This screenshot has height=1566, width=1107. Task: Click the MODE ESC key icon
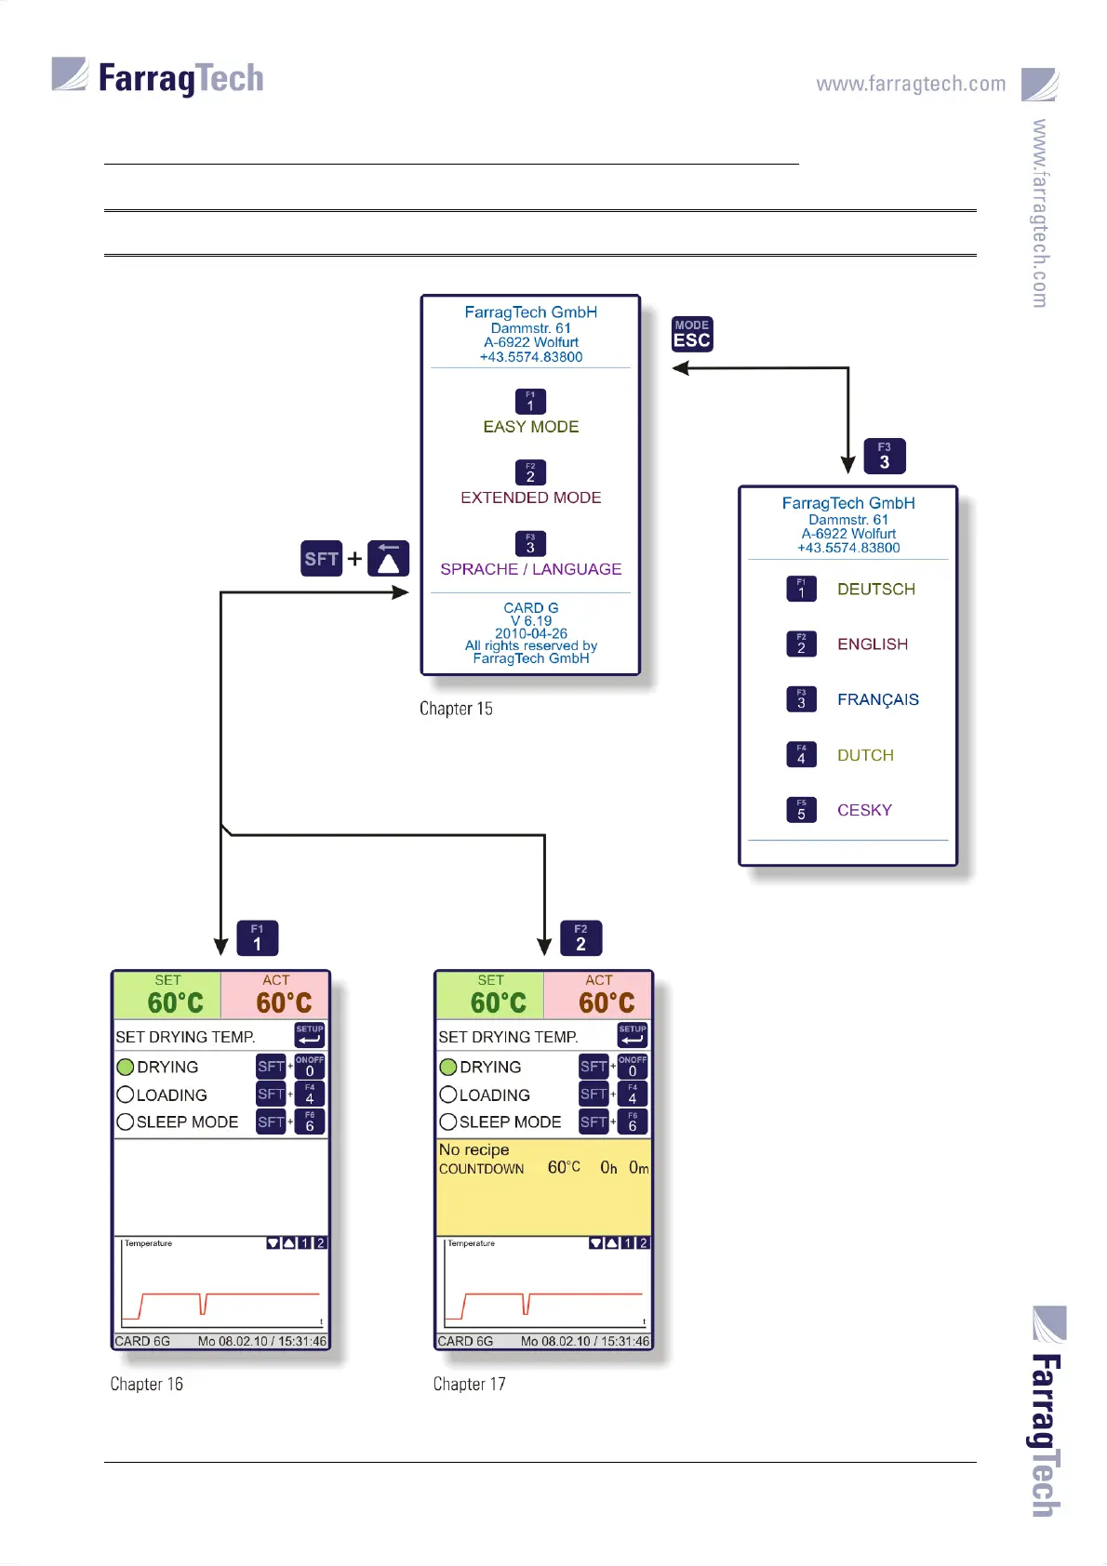coord(692,334)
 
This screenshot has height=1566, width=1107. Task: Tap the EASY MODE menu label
coord(530,427)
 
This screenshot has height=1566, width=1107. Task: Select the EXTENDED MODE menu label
coord(530,498)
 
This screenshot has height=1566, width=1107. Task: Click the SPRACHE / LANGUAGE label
coord(530,569)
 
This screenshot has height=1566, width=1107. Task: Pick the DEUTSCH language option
coord(875,590)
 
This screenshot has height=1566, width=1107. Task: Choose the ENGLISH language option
coord(872,644)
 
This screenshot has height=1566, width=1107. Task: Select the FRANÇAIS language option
coord(877,699)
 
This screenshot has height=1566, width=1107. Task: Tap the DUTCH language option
coord(865,755)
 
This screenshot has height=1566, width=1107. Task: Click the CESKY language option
coord(864,810)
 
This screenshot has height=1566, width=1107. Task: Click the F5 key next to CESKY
coord(801,810)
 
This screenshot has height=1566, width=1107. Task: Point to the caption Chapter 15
coord(456,709)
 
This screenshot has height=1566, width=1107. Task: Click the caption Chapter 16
coord(146,1384)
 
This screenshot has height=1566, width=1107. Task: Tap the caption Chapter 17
coord(469,1384)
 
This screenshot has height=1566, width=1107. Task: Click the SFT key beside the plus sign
coord(322,559)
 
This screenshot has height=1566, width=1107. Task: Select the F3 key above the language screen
coord(884,457)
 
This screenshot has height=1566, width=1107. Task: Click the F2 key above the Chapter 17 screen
coord(580,938)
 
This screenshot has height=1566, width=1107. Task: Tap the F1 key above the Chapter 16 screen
coord(258,938)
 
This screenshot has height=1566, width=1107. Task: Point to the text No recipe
coord(473,1150)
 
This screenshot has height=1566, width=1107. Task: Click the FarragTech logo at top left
coord(158,77)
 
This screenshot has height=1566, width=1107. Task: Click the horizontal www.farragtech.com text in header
coord(911,84)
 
